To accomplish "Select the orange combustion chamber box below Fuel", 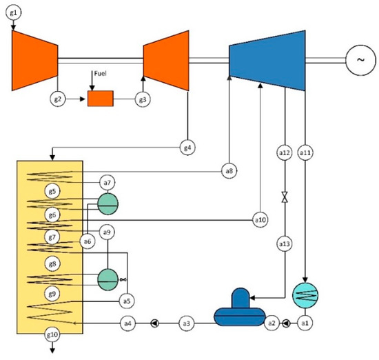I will [100, 99].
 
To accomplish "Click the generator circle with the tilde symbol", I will [360, 60].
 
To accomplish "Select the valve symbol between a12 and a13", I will [284, 197].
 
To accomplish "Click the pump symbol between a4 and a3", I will [154, 322].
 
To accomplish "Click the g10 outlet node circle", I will [52, 336].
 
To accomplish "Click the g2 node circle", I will [59, 99].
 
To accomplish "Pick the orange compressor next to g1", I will [34, 61].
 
